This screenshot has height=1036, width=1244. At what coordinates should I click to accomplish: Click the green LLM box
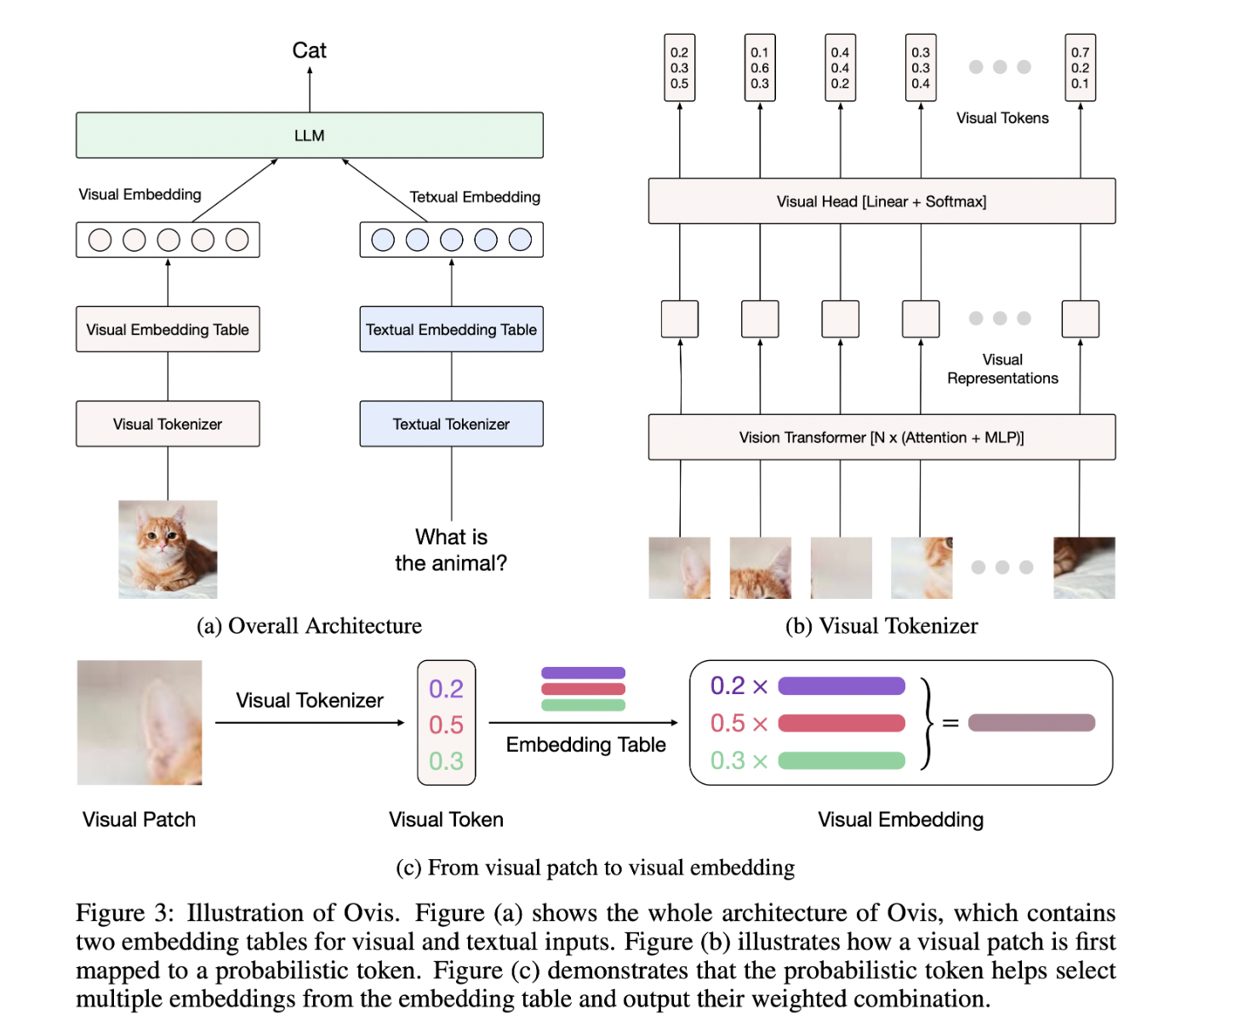309,135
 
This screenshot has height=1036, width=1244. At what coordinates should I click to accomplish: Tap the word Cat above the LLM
309,50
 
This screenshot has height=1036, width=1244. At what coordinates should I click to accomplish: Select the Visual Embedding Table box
168,329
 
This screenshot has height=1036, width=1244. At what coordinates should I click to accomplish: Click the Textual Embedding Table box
451,329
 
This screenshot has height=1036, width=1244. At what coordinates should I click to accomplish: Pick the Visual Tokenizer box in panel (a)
168,424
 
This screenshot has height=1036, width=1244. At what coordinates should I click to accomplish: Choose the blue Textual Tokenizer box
451,424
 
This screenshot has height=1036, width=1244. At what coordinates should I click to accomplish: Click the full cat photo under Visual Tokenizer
168,549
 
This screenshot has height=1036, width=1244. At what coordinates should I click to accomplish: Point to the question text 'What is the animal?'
451,549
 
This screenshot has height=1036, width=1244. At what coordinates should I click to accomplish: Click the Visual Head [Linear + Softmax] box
882,202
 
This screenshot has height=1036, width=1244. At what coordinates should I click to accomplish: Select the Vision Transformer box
882,437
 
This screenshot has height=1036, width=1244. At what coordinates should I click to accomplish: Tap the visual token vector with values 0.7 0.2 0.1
1080,68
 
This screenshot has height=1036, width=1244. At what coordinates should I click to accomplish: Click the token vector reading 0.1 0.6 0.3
760,68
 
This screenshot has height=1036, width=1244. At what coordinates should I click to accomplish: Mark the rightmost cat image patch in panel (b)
1084,567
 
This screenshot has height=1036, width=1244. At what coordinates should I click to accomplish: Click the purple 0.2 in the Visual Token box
446,688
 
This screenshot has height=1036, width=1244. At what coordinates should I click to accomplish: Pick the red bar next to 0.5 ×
842,723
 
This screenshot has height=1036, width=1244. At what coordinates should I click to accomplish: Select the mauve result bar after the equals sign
1031,723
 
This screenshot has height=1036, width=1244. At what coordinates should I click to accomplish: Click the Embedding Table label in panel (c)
585,744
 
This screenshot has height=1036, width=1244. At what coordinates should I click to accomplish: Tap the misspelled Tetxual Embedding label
475,196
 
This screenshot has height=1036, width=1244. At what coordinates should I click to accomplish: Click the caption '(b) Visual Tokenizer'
882,626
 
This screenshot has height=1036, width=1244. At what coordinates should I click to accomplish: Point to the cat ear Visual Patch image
140,722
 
